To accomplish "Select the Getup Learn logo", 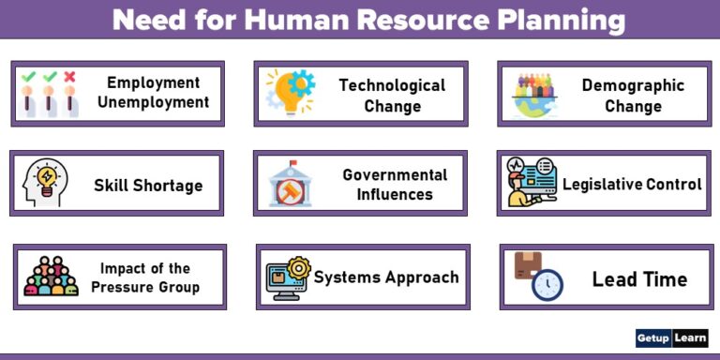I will click(x=671, y=337).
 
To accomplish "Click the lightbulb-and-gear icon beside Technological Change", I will click(x=291, y=92).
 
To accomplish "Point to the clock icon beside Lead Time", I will click(x=547, y=284).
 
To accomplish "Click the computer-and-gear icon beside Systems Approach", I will click(x=288, y=277).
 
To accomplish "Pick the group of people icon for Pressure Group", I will click(x=51, y=277).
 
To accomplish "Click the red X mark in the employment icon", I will click(x=69, y=77).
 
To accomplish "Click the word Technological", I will click(x=392, y=85).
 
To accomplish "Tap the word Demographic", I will click(x=633, y=85).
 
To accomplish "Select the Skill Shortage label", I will click(x=148, y=186).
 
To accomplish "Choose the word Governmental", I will click(x=395, y=174).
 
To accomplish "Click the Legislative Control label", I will click(x=631, y=185).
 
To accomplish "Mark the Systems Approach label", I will click(x=386, y=277).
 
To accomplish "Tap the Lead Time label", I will click(x=639, y=279).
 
